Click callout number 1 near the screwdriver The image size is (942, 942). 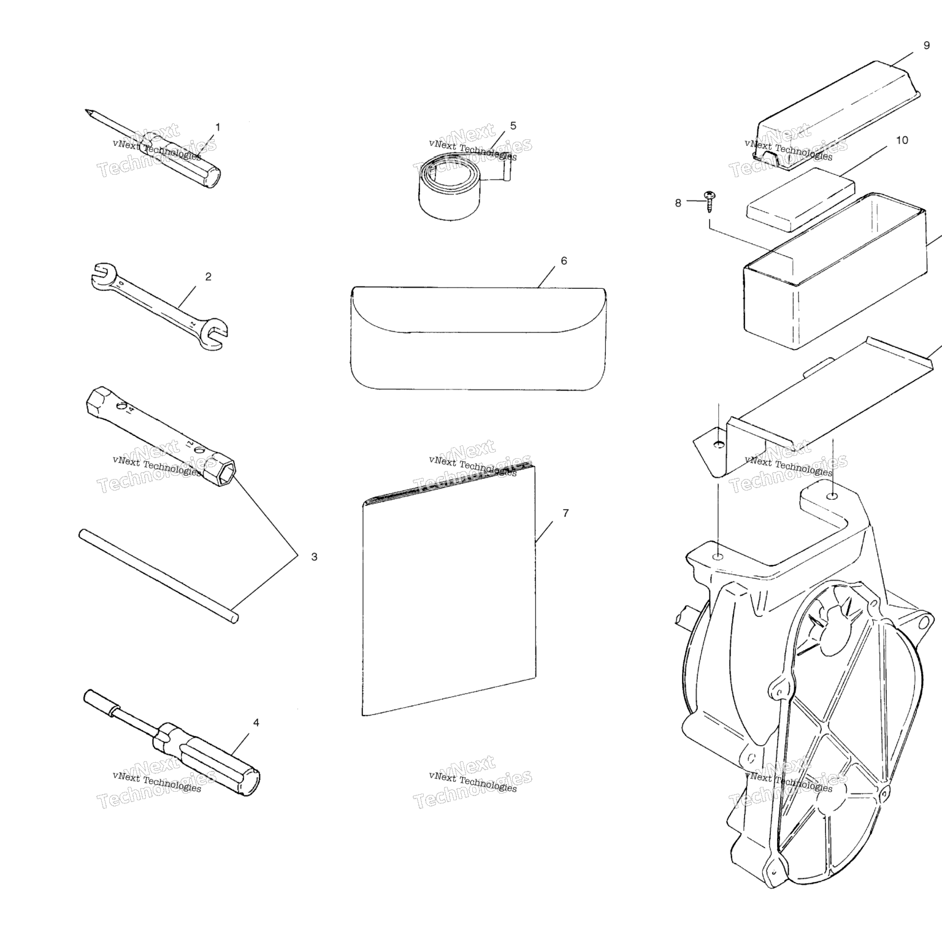click(217, 127)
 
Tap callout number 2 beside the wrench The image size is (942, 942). click(208, 277)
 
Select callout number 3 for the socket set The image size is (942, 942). click(314, 557)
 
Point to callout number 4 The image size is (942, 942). click(256, 722)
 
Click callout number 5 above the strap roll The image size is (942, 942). click(513, 126)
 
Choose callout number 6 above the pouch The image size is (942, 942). click(564, 261)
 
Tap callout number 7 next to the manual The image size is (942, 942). click(565, 513)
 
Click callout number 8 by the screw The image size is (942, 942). click(678, 203)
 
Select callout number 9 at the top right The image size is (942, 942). click(926, 45)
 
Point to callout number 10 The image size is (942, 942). click(902, 140)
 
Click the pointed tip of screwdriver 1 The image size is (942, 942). click(86, 111)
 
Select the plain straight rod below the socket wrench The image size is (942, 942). click(158, 576)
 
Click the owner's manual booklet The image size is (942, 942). click(449, 589)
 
